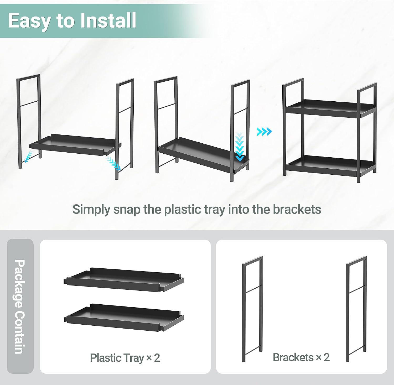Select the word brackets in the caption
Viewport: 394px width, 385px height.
tap(297, 209)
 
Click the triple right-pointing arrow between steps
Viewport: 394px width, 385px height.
tap(264, 131)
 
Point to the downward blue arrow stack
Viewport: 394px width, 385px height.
tap(240, 147)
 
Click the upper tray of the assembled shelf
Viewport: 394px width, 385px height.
tap(330, 108)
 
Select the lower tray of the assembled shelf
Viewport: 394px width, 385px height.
tap(330, 165)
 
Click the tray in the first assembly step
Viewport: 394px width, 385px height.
tap(76, 145)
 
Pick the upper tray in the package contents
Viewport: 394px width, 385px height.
tap(124, 279)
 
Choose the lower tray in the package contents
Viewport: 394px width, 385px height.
tap(124, 317)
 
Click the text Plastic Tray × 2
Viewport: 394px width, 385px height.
tap(125, 358)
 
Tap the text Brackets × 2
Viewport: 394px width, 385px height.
tap(301, 357)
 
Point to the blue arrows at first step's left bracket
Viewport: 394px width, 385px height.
tap(28, 156)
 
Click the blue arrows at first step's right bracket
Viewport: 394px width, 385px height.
tap(113, 163)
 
